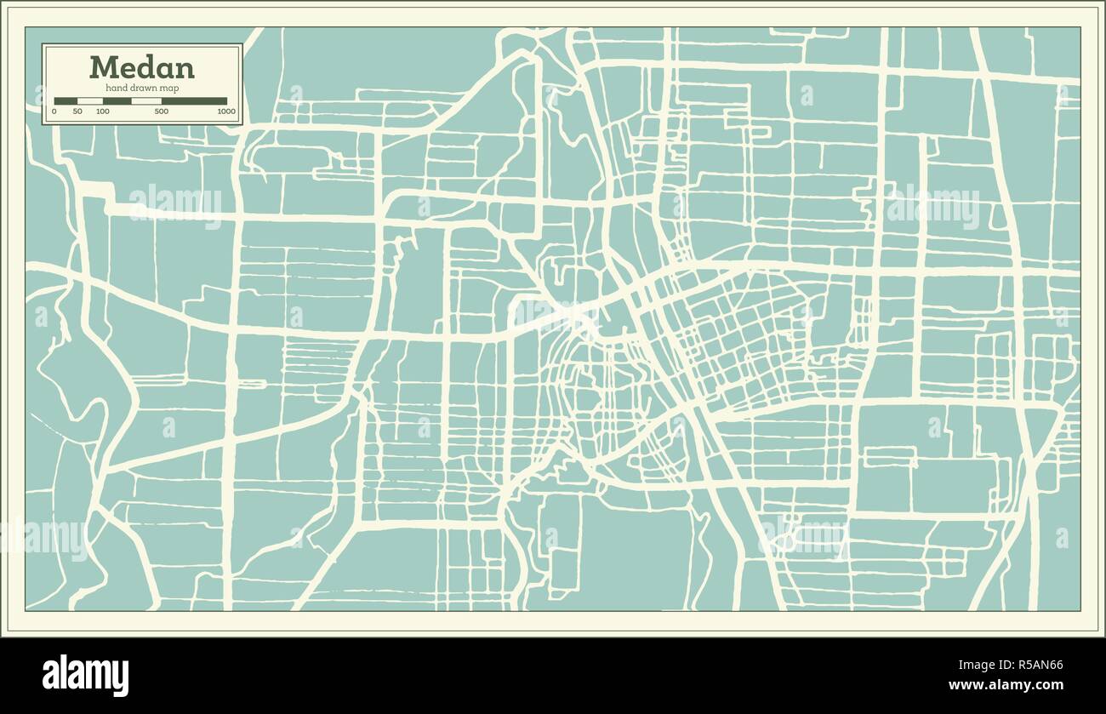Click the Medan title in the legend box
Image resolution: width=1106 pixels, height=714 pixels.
tap(141, 67)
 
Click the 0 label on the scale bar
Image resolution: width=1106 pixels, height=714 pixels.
tap(54, 111)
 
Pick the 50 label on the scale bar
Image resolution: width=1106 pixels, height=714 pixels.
tap(77, 111)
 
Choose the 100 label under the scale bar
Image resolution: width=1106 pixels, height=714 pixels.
tap(103, 111)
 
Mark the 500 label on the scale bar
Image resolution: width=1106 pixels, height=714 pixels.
tap(161, 111)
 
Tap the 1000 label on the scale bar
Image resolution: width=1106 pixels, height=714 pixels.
tap(225, 111)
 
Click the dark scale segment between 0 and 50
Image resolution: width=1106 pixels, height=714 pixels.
tap(66, 101)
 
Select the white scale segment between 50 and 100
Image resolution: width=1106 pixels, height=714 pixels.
tap(90, 101)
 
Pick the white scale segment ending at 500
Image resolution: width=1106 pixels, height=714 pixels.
tap(146, 101)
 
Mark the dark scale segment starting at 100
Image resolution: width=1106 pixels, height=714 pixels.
tap(117, 101)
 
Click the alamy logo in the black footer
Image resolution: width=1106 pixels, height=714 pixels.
tap(85, 675)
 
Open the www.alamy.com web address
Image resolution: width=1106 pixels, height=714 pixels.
tap(1006, 685)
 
